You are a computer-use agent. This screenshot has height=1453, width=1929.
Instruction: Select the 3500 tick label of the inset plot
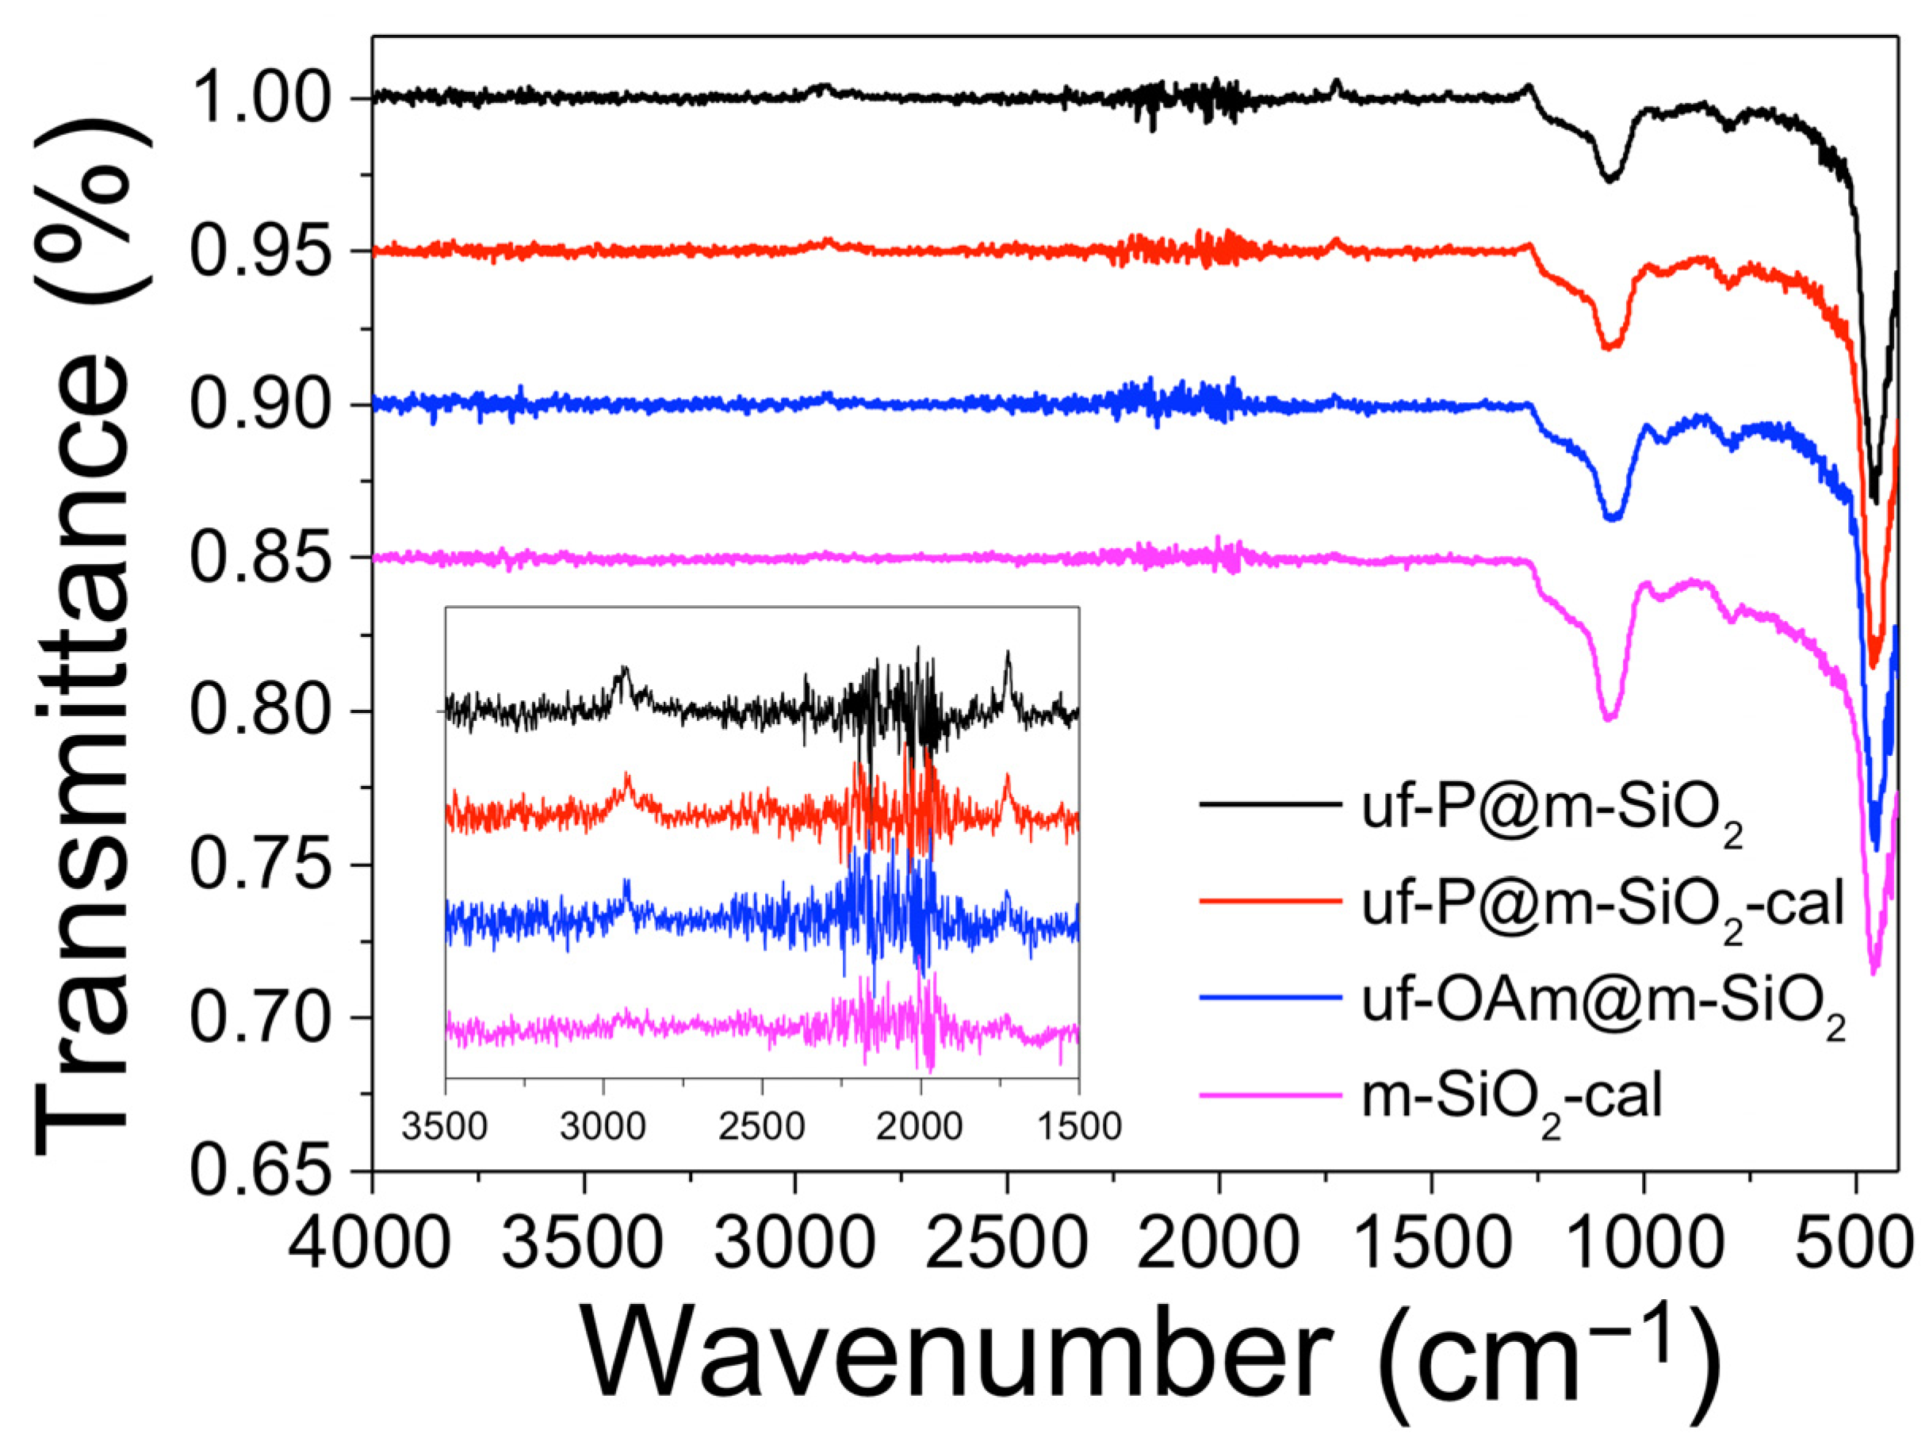click(445, 1126)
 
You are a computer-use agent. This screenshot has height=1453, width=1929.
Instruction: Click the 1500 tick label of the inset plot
click(1079, 1126)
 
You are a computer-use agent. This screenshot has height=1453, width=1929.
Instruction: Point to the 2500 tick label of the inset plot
click(762, 1126)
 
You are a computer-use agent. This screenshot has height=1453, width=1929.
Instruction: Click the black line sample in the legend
click(1269, 804)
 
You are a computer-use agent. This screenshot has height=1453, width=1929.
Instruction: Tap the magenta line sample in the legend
click(1269, 1093)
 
